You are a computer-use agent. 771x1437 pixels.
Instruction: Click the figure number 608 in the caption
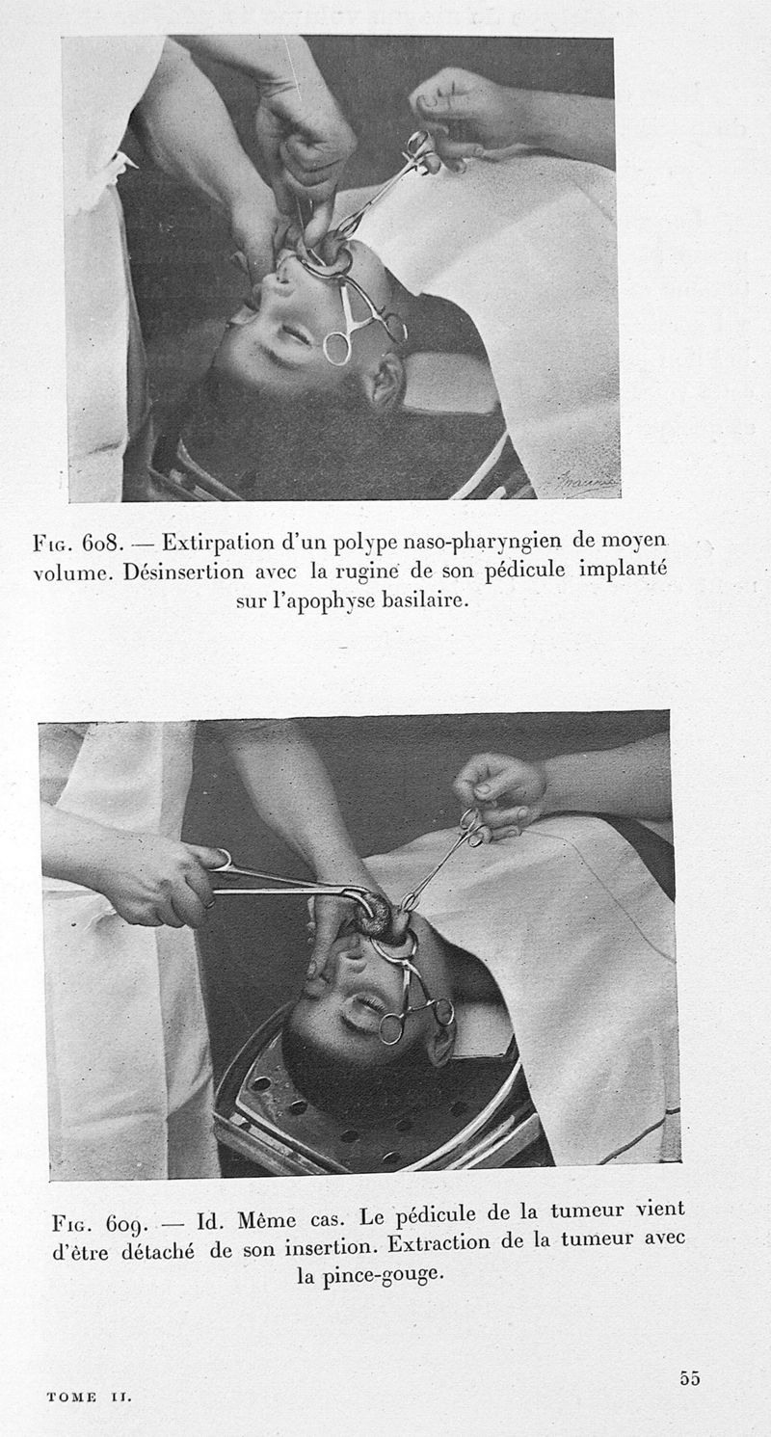point(102,544)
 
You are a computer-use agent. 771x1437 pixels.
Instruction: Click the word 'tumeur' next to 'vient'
point(587,1211)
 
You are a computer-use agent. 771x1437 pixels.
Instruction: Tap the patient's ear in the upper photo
point(383,382)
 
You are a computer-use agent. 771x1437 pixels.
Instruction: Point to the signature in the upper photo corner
point(584,481)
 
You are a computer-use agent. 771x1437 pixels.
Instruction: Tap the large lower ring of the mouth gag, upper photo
point(336,348)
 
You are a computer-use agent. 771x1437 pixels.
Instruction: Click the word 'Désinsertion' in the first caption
point(183,572)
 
